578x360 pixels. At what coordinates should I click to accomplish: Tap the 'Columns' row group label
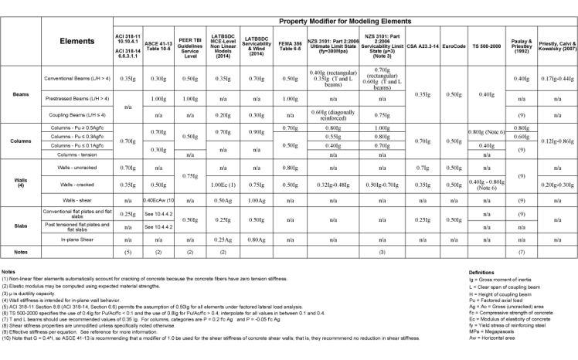coord(20,141)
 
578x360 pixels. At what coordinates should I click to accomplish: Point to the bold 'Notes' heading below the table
coord(8,272)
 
